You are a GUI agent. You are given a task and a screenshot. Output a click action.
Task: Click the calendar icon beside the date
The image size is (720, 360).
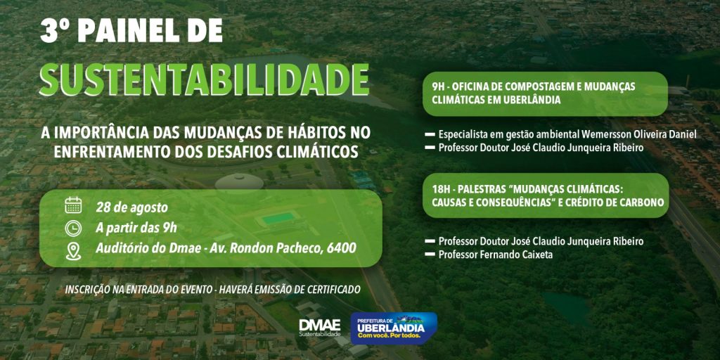click(73, 205)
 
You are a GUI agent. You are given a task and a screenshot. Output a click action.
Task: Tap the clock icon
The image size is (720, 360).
click(73, 229)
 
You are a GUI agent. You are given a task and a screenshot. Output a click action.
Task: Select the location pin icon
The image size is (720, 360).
click(73, 251)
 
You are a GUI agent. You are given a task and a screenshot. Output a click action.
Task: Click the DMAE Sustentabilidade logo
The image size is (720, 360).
click(320, 328)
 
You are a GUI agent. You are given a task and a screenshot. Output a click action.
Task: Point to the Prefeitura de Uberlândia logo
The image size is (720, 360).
click(394, 328)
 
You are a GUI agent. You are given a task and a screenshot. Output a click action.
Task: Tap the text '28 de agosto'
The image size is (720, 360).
click(131, 207)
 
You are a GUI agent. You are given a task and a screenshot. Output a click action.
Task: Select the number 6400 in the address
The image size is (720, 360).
click(342, 248)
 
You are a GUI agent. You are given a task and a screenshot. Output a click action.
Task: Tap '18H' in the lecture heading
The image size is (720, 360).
click(441, 189)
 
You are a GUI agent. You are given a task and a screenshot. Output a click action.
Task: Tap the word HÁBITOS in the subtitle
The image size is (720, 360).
click(309, 133)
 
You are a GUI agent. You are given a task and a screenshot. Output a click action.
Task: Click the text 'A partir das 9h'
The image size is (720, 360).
click(136, 228)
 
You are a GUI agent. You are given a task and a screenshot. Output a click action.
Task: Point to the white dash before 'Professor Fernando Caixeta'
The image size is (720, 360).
click(430, 255)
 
